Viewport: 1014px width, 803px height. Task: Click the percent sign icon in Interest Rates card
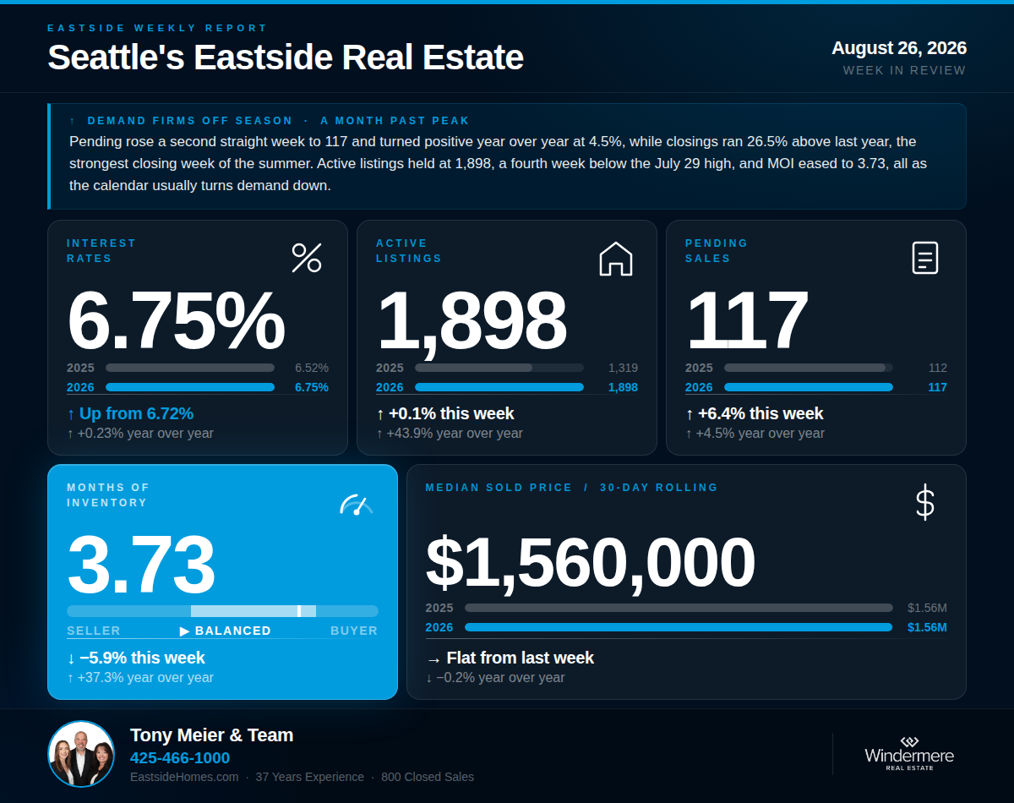(x=307, y=258)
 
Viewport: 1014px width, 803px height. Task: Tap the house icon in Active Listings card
(x=616, y=259)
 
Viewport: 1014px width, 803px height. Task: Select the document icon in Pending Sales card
(x=925, y=258)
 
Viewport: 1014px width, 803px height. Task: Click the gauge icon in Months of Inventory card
(x=357, y=505)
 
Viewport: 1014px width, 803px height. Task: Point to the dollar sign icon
(x=925, y=502)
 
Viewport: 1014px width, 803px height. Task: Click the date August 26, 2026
(x=899, y=48)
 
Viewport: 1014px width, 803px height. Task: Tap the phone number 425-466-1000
(x=180, y=757)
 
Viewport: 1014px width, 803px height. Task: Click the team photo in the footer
(x=81, y=754)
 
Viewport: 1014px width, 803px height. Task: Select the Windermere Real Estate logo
(x=909, y=753)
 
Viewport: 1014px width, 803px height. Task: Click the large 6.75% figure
(x=177, y=320)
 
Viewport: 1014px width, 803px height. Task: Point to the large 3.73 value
(x=141, y=565)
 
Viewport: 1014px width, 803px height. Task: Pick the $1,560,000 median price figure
(x=590, y=563)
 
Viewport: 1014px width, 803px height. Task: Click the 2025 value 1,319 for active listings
(x=623, y=368)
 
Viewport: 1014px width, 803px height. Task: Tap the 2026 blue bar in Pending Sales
(x=809, y=387)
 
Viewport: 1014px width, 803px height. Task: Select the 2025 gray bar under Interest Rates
(x=190, y=368)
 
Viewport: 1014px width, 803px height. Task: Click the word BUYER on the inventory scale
(x=354, y=631)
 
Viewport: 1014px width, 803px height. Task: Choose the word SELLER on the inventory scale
(x=94, y=631)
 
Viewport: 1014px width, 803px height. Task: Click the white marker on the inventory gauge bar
(x=299, y=611)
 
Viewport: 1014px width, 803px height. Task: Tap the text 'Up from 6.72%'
(x=136, y=413)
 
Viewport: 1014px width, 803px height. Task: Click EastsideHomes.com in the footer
(x=184, y=777)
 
